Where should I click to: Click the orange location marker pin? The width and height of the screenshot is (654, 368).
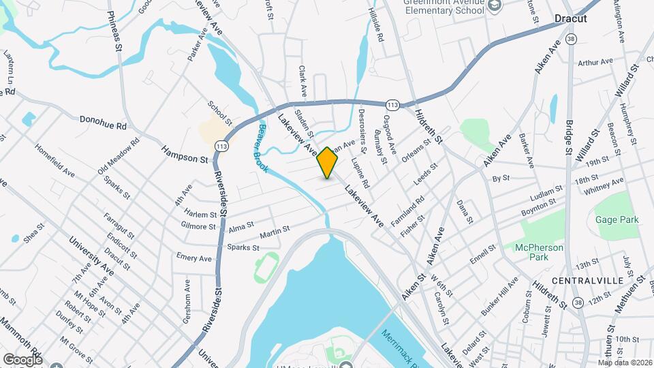(328, 162)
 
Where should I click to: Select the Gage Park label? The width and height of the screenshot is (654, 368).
(617, 219)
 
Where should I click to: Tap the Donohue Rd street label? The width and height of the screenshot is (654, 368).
(103, 123)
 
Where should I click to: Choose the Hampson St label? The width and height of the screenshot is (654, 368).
(184, 154)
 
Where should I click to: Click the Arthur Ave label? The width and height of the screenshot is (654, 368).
(596, 63)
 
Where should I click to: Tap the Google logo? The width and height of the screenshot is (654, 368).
(22, 359)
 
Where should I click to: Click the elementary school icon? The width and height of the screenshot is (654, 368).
(495, 8)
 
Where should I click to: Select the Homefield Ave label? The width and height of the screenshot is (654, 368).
(54, 160)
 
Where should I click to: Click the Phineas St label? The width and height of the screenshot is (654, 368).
(114, 31)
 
